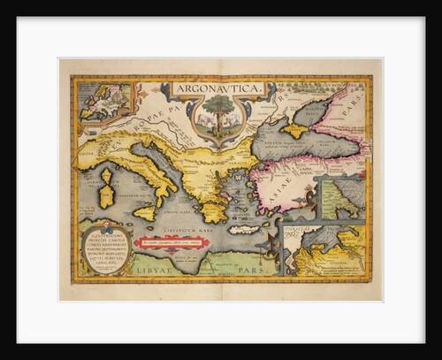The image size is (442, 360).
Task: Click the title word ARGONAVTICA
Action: (215, 88)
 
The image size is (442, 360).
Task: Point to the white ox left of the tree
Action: (204, 119)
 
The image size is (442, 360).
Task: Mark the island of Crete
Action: (244, 229)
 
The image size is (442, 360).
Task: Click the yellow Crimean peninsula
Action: (293, 131)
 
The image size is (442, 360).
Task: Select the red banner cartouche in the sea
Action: (173, 241)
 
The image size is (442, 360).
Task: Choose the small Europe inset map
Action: (104, 101)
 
